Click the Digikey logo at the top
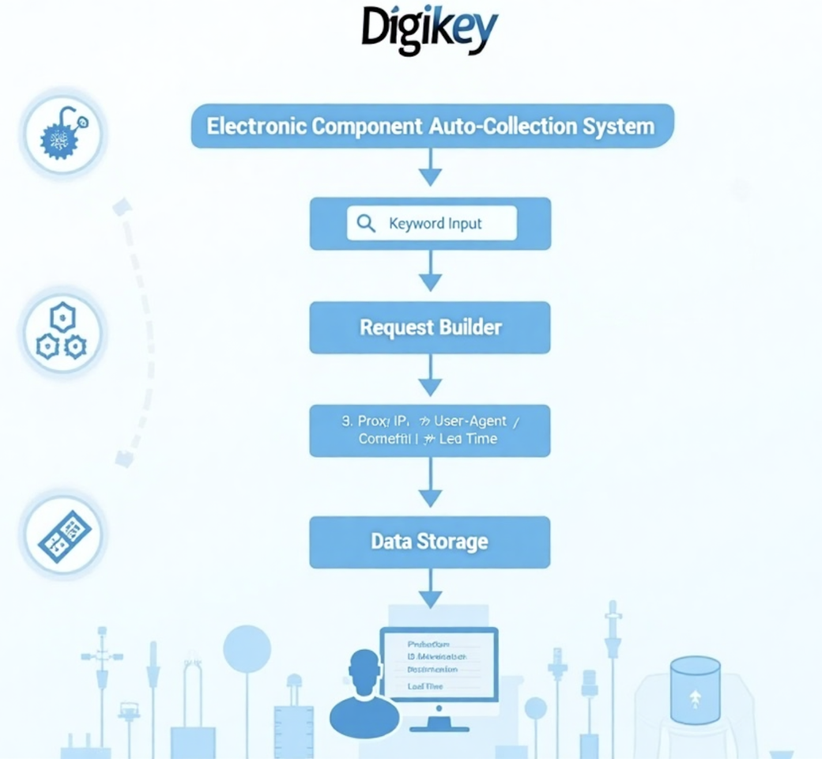429,30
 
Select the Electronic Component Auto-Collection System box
432,126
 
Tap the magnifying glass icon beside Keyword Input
366,224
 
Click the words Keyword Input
436,224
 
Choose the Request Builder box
430,327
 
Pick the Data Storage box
430,542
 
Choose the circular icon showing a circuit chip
64,535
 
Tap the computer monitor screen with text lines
439,664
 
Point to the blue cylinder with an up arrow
695,690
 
